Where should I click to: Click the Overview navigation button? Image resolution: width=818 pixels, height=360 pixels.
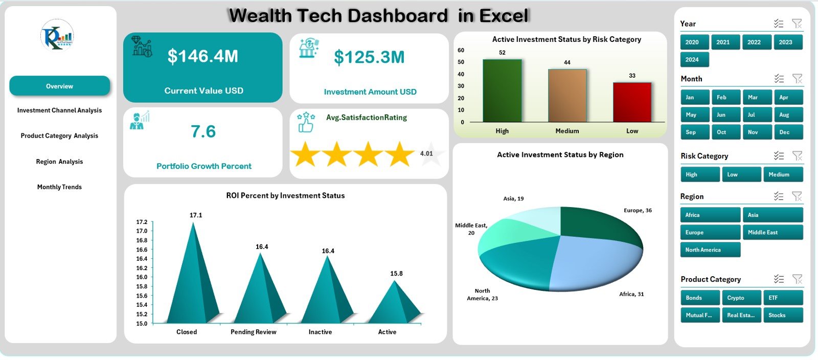[59, 86]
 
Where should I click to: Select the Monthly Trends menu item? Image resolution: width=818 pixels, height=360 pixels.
[59, 187]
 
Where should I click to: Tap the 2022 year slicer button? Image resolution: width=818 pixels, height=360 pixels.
[754, 42]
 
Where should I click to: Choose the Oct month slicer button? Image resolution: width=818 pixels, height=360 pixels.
[721, 132]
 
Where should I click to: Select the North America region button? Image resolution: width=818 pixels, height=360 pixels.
[710, 250]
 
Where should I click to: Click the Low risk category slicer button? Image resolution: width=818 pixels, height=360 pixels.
[741, 174]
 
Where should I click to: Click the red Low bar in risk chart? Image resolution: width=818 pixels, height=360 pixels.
[632, 102]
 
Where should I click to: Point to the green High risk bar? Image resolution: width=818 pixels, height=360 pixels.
[502, 91]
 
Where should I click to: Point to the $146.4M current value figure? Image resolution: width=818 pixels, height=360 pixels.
[203, 56]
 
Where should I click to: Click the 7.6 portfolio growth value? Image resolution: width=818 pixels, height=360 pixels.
[203, 132]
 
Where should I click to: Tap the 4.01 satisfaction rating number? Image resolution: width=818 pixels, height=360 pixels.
[426, 153]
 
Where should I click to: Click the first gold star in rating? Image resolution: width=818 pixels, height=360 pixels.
[305, 154]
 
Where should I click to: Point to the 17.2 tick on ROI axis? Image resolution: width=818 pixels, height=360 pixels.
[142, 222]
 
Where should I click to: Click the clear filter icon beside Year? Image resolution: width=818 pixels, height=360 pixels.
[797, 24]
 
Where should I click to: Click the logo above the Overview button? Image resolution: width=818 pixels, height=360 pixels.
[57, 35]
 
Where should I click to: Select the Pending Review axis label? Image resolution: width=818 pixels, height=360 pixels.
[253, 332]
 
